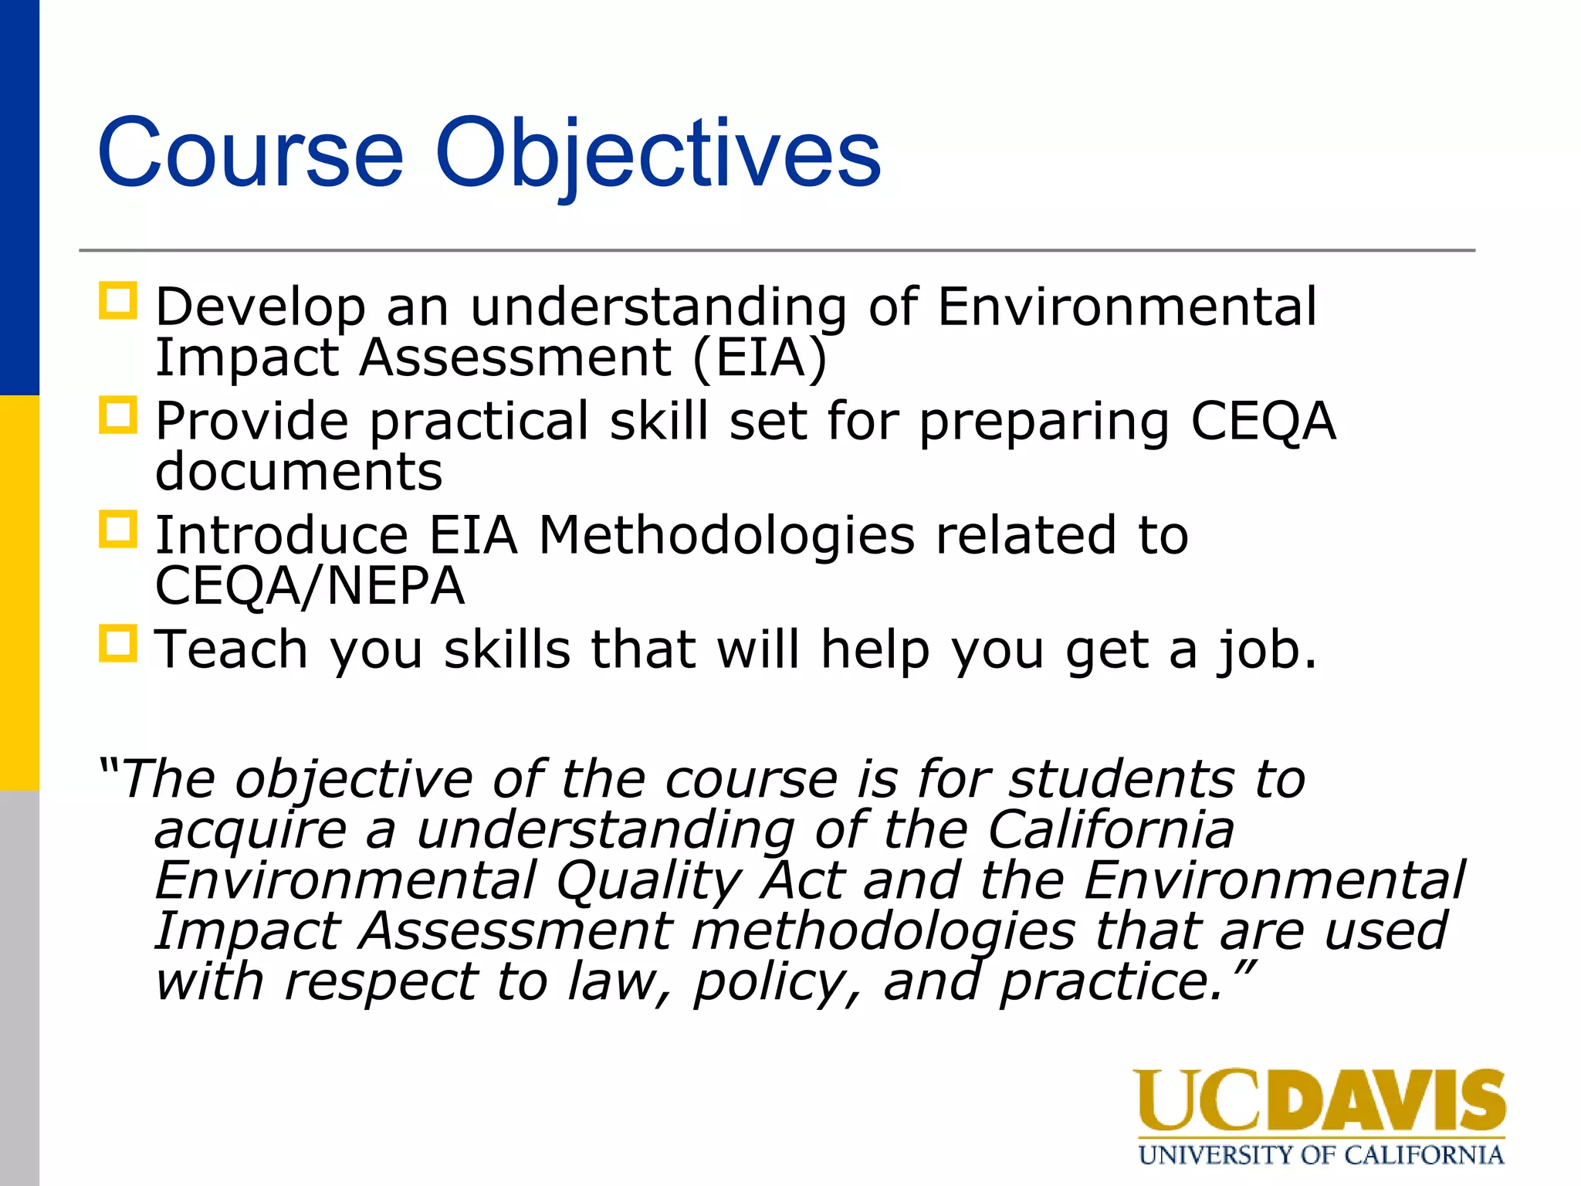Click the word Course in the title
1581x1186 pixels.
[250, 153]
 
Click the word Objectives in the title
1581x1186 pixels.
[658, 153]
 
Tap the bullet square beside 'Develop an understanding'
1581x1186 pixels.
[118, 301]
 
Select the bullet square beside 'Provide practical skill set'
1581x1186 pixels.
[118, 415]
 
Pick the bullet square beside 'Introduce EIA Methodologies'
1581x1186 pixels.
[118, 530]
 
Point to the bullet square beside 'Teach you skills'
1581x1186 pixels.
[118, 643]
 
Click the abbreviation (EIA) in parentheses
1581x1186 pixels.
[760, 358]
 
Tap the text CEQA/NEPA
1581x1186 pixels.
[310, 586]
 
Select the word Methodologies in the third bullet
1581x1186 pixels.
[726, 534]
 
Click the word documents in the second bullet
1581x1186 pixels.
[299, 472]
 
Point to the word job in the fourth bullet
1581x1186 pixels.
[1267, 650]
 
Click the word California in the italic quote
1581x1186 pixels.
[1111, 830]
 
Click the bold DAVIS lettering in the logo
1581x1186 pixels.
[1385, 1100]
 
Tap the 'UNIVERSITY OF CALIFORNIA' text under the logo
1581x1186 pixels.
[1321, 1155]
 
